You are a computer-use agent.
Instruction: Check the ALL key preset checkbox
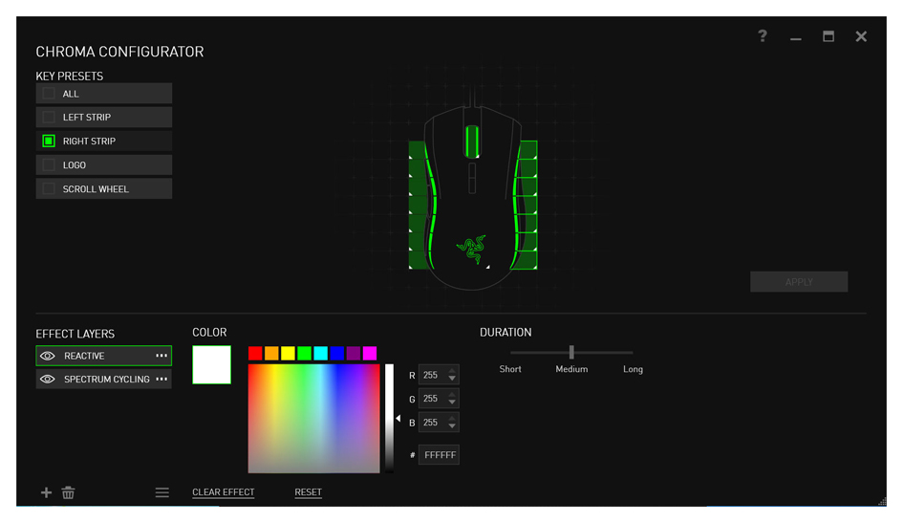click(x=49, y=94)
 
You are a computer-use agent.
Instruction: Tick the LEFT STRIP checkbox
click(x=49, y=117)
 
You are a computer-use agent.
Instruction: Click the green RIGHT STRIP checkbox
click(x=49, y=142)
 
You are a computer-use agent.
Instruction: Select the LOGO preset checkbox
click(x=49, y=164)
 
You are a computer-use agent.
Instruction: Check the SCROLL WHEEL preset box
click(x=49, y=189)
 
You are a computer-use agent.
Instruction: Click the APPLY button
click(x=799, y=282)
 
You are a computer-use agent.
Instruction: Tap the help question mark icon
click(x=763, y=36)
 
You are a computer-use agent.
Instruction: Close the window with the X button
click(x=861, y=36)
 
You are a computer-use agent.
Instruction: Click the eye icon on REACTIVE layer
click(x=48, y=356)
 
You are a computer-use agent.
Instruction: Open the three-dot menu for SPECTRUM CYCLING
click(x=161, y=379)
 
